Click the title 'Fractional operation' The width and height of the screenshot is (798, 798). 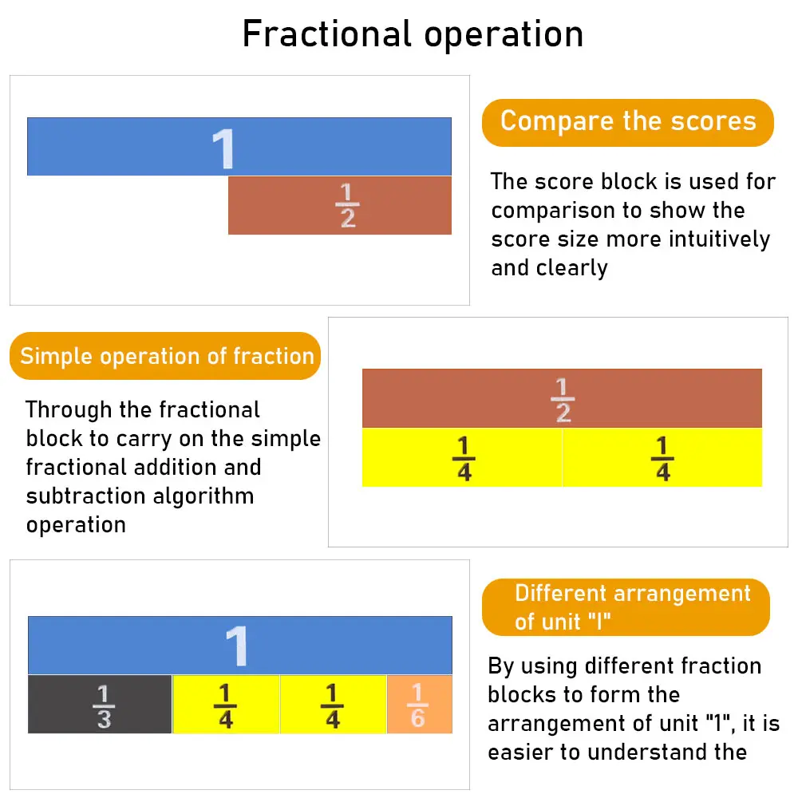coord(413,34)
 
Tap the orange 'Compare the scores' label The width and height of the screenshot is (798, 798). coord(628,122)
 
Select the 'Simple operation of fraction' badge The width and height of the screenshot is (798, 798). coord(166,356)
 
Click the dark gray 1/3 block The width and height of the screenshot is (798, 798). coord(100,705)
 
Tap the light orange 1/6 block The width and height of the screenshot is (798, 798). coord(419,705)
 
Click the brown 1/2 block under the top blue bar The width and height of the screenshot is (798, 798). coord(340,206)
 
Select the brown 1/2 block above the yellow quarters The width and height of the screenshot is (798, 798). coord(562,398)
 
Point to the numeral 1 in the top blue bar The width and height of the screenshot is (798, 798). coord(224,148)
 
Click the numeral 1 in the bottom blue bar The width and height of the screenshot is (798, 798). coord(237,646)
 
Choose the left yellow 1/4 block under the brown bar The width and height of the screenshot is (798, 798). coord(462,458)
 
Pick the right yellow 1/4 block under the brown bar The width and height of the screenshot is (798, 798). coord(662,458)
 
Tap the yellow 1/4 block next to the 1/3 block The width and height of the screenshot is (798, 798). coord(226,705)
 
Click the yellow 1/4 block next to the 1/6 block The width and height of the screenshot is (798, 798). coord(333,705)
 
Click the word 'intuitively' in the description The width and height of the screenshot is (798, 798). coord(720,239)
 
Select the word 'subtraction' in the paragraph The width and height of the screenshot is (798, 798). coord(80,496)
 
